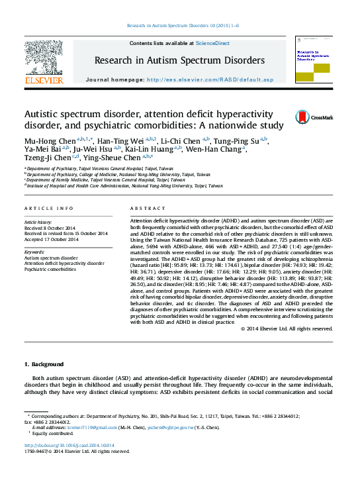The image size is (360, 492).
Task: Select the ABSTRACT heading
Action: pyautogui.click(x=148, y=208)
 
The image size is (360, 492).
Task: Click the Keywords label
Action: pyautogui.click(x=34, y=252)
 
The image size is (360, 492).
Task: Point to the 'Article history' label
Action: pyautogui.click(x=38, y=222)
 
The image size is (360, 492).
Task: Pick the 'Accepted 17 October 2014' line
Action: pyautogui.click(x=51, y=239)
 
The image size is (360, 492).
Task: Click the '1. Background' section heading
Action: pyautogui.click(x=44, y=364)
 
